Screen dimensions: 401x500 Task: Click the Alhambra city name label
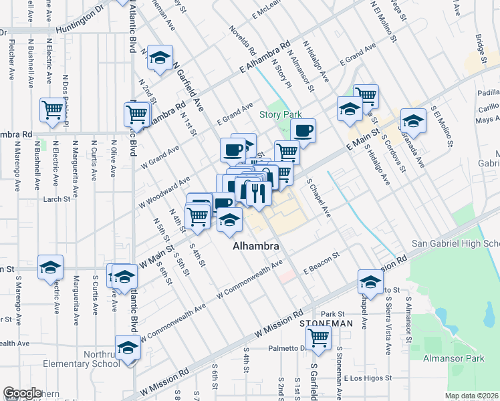point(255,247)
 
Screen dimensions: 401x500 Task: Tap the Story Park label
point(281,114)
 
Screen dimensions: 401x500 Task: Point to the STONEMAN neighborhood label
point(326,323)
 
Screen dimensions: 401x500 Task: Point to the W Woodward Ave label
point(164,192)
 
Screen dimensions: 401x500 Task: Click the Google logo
point(22,394)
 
